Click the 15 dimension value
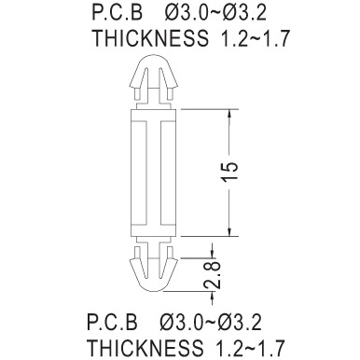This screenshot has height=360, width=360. [x=229, y=171]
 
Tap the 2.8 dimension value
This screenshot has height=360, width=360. [x=212, y=275]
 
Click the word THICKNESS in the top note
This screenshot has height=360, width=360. [x=151, y=38]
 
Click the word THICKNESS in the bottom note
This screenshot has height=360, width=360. [x=145, y=347]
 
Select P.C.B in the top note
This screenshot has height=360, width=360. [x=118, y=13]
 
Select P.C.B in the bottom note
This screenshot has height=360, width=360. [x=112, y=322]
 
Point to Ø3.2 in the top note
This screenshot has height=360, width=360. [x=244, y=13]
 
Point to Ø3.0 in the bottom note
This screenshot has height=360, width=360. [x=182, y=322]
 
